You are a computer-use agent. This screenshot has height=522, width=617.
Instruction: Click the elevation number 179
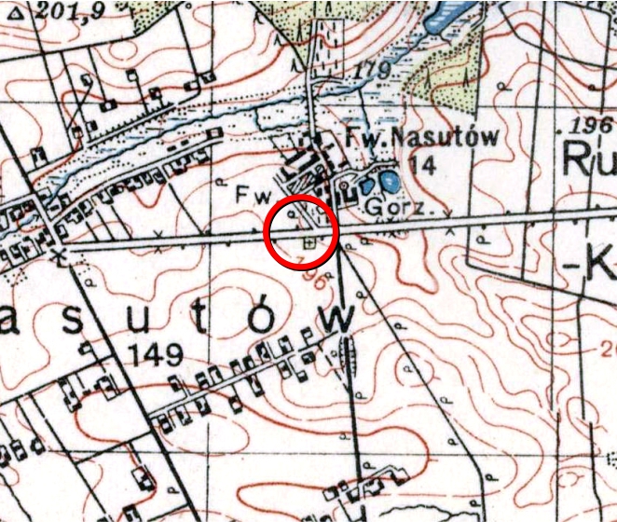371,70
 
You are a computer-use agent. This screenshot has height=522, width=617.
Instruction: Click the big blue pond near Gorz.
388,179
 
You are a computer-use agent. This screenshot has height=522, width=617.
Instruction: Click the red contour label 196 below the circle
314,277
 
